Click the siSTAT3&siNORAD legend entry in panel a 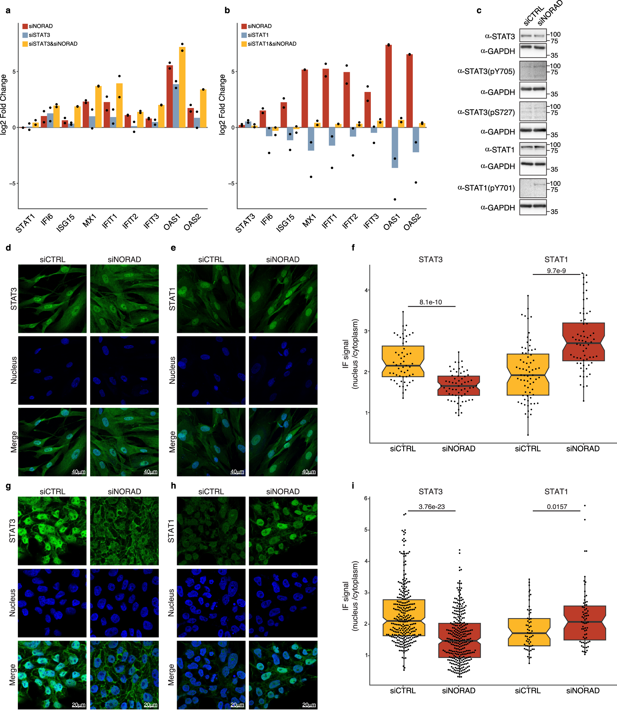53,44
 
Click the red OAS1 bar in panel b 388,86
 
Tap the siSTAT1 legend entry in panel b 258,35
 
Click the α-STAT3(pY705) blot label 486,71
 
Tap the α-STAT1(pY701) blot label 486,188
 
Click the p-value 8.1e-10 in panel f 430,302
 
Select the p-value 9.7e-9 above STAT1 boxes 556,271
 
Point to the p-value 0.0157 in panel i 557,506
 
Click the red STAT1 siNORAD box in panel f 583,342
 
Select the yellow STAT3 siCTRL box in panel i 404,617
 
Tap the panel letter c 478,10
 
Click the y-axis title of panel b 222,104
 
